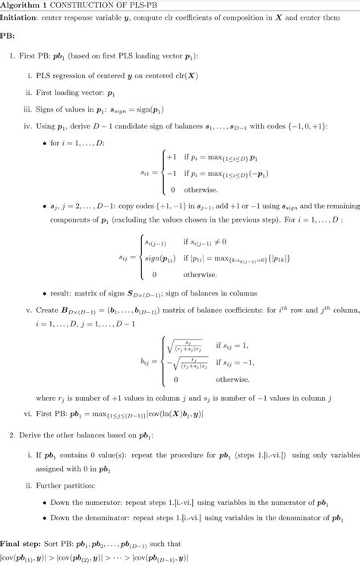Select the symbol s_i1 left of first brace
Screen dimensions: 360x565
[145, 173]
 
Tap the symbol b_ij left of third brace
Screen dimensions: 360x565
[145, 362]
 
